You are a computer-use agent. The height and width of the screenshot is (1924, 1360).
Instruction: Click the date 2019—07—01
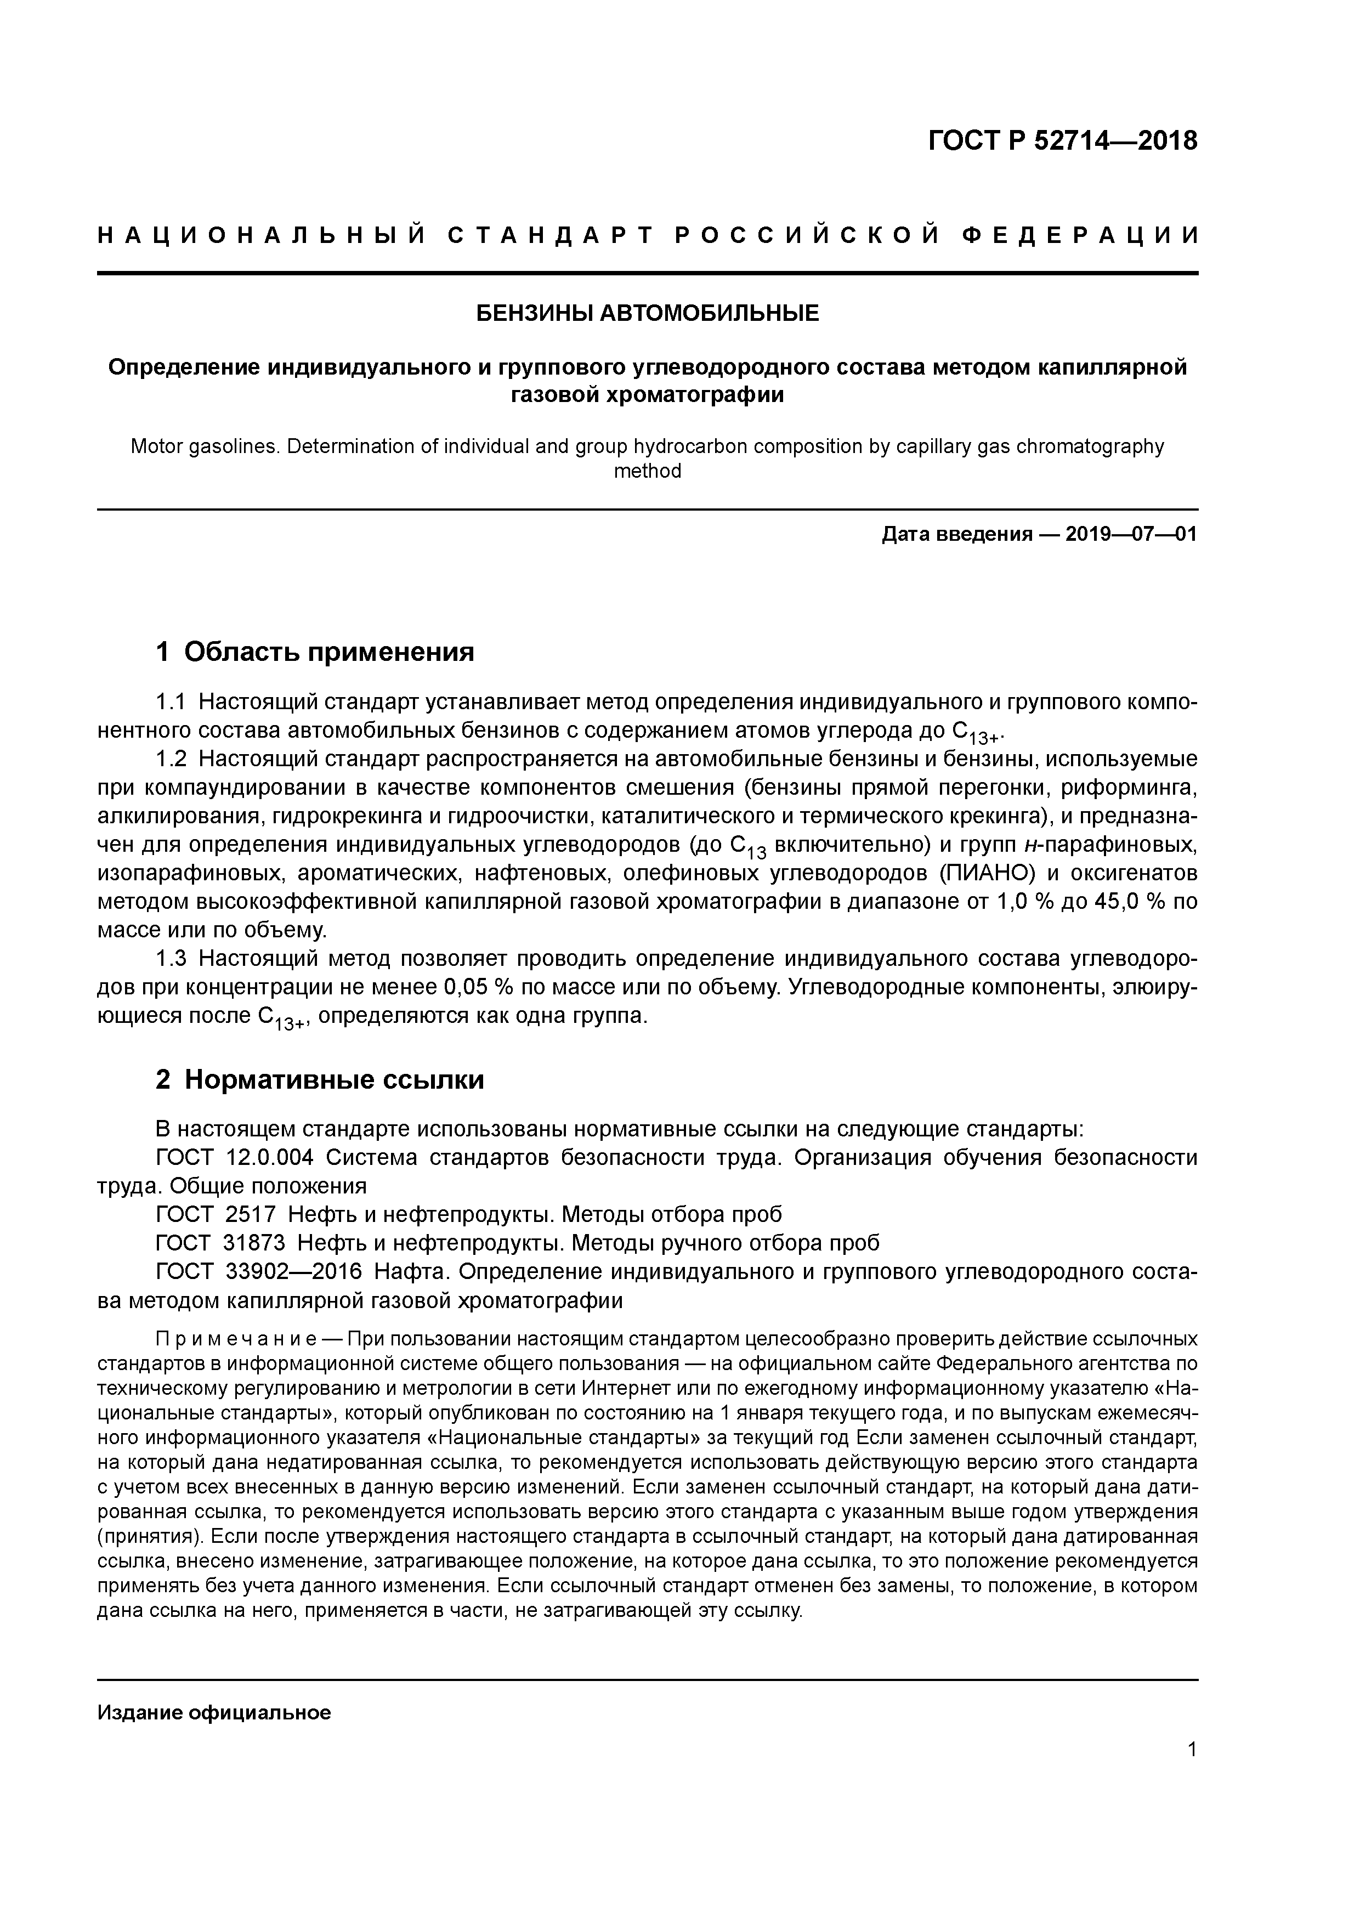click(1131, 534)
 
